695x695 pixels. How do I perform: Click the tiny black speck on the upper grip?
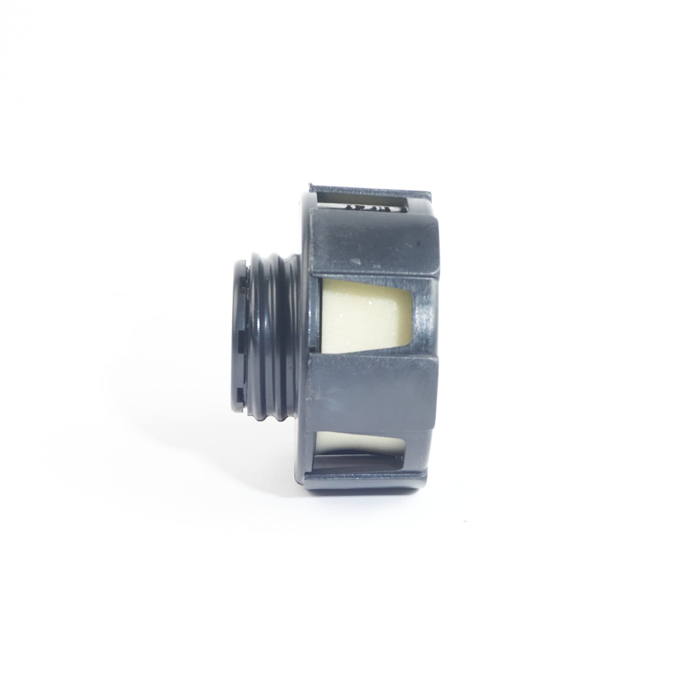(418, 243)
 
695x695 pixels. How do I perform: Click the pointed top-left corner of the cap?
(310, 186)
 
